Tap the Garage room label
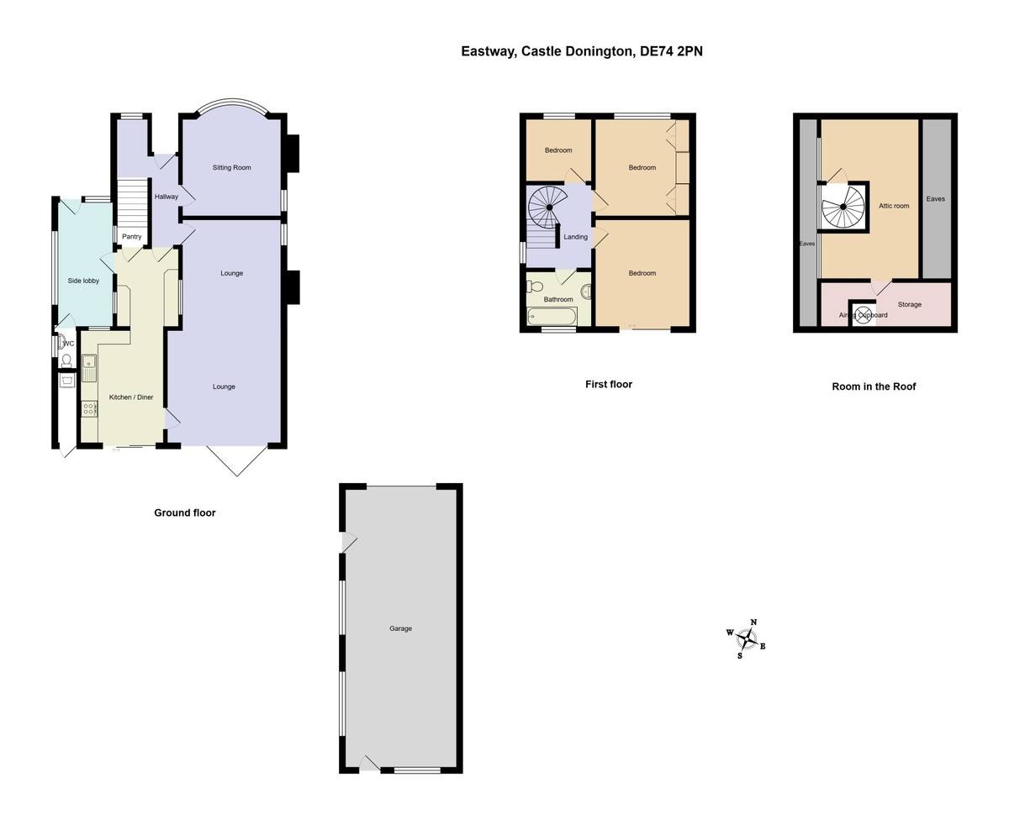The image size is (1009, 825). [400, 628]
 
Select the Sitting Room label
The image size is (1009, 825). [231, 168]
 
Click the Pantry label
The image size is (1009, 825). [131, 237]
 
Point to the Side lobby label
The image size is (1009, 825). [83, 281]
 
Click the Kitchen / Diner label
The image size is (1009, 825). [131, 397]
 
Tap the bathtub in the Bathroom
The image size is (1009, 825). [552, 317]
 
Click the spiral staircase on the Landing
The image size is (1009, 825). [548, 206]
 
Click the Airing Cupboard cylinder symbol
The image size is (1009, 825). [863, 316]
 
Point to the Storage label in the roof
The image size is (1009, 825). [909, 304]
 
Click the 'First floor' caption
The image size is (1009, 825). [608, 384]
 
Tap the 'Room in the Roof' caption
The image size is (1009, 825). [874, 386]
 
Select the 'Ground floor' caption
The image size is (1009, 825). [184, 512]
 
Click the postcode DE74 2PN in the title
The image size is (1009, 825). [671, 51]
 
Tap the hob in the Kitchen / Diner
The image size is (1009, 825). [89, 409]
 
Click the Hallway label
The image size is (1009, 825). [166, 197]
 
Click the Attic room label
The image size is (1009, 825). [894, 206]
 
